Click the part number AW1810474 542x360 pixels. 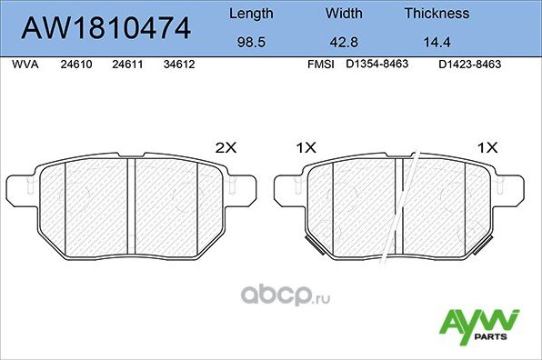coord(106,27)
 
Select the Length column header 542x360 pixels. coord(250,14)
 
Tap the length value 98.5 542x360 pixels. coord(250,41)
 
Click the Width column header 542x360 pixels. coord(345,14)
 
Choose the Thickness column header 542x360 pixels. coord(438,14)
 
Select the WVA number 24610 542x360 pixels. coord(75,65)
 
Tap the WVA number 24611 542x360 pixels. coord(126,65)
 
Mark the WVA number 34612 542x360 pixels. coord(179,65)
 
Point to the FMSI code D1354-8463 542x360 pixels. coord(376,65)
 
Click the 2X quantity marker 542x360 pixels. coord(224,146)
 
